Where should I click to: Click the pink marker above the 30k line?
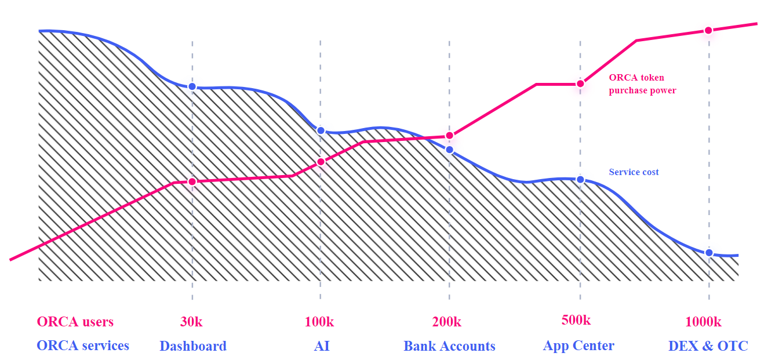pyautogui.click(x=192, y=181)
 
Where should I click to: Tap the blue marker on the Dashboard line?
pyautogui.click(x=192, y=86)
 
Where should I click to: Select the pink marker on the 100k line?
pyautogui.click(x=321, y=162)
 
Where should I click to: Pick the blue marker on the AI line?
pyautogui.click(x=321, y=130)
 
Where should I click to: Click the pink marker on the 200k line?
pyautogui.click(x=449, y=136)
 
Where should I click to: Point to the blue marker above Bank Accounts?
pyautogui.click(x=449, y=150)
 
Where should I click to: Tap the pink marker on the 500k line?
pyautogui.click(x=580, y=84)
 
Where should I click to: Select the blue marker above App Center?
pyautogui.click(x=580, y=180)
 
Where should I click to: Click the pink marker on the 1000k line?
pyautogui.click(x=708, y=30)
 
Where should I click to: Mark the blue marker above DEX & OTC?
pyautogui.click(x=708, y=253)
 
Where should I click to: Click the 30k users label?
pyautogui.click(x=192, y=322)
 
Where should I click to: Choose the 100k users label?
pyautogui.click(x=319, y=322)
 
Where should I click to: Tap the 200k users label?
pyautogui.click(x=447, y=322)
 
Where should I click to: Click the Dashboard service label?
pyautogui.click(x=193, y=346)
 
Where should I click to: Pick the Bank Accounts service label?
pyautogui.click(x=449, y=346)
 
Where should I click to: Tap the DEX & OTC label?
pyautogui.click(x=708, y=346)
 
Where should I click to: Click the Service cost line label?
pyautogui.click(x=634, y=172)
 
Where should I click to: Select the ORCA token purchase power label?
pyautogui.click(x=642, y=84)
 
